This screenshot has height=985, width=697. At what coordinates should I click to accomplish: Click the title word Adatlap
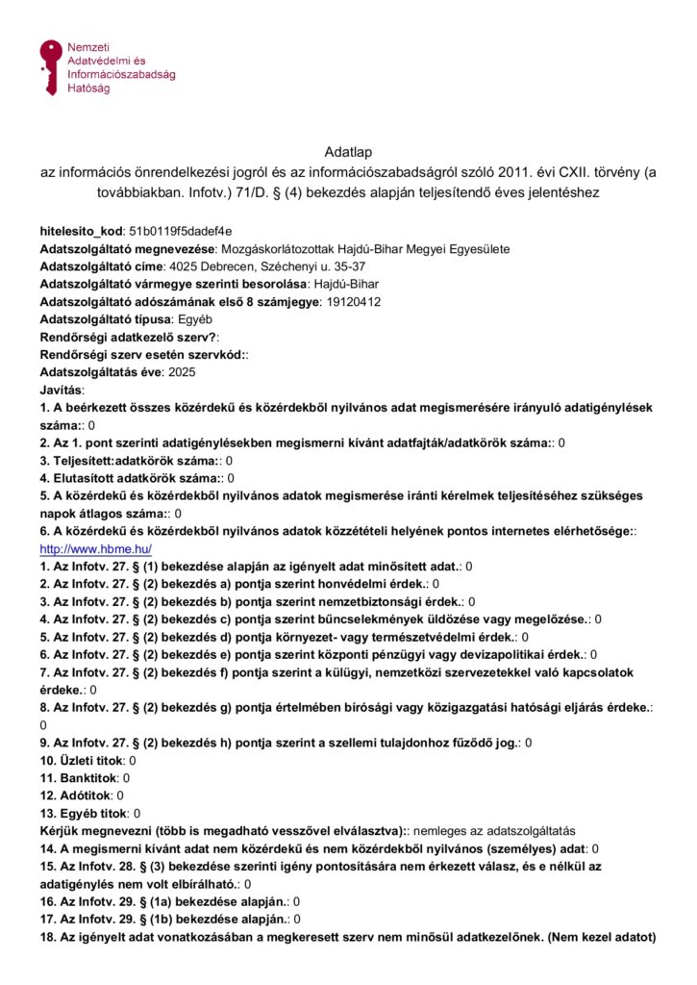(x=348, y=152)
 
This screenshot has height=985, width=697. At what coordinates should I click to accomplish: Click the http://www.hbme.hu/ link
(x=96, y=548)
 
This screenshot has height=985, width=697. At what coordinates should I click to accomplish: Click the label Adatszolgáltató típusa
(x=107, y=318)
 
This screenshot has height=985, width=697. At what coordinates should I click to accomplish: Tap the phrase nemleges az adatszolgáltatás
(x=494, y=829)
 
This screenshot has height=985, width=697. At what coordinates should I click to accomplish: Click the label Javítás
(x=62, y=389)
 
